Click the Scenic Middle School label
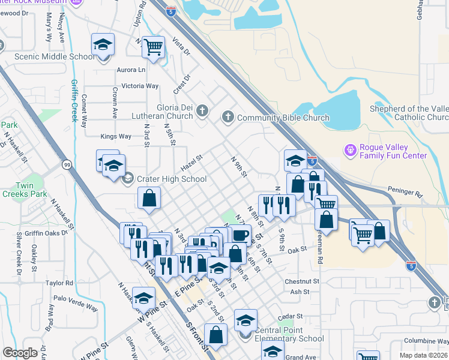(55, 57)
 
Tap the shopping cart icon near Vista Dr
(154, 46)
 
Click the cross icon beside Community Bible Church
(228, 118)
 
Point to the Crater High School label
(172, 179)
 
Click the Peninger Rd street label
(406, 194)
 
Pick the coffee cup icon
(241, 234)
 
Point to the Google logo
(20, 353)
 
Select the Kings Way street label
(116, 136)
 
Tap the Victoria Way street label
(140, 86)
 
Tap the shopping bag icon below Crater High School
(149, 198)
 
